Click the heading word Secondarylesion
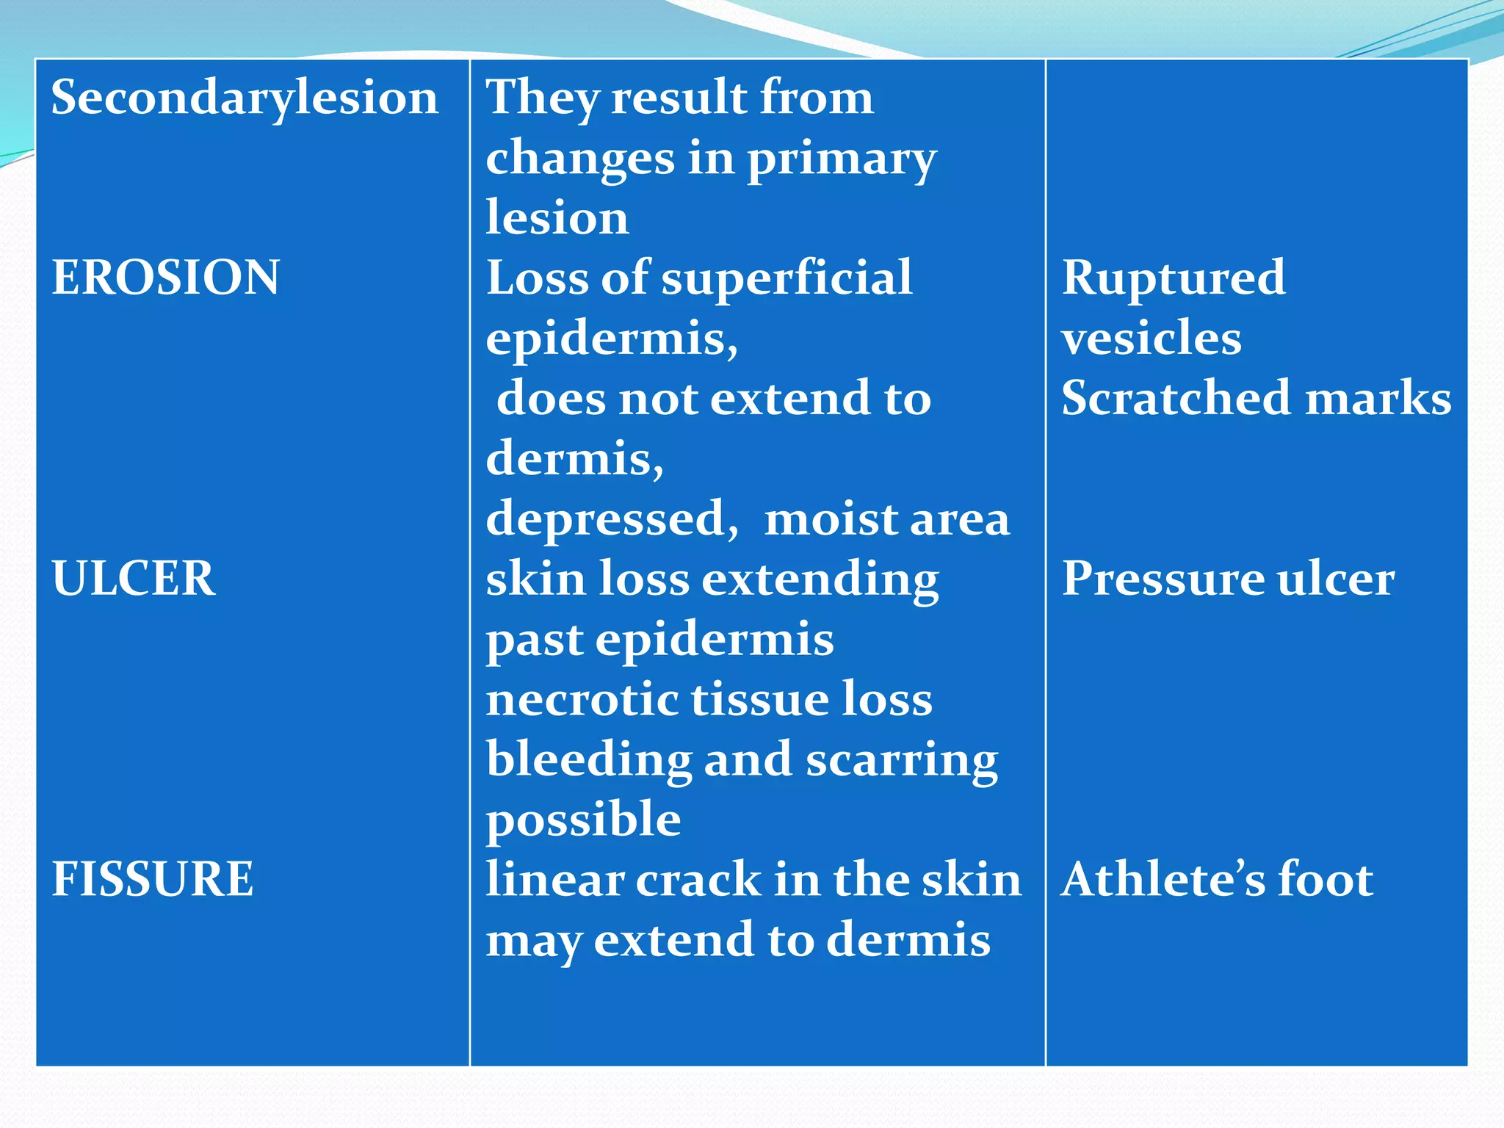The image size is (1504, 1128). tap(245, 98)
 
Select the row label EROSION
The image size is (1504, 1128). tap(165, 278)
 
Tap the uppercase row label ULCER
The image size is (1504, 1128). tap(133, 578)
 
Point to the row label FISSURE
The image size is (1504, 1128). tap(152, 879)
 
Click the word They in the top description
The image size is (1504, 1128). tap(543, 98)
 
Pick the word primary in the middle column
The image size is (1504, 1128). tap(841, 159)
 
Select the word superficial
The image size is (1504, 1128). tap(787, 278)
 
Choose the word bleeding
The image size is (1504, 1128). tap(588, 759)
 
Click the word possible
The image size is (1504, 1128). tap(583, 820)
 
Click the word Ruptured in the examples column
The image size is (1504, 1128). tap(1173, 278)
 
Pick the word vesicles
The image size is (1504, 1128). tap(1151, 338)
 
